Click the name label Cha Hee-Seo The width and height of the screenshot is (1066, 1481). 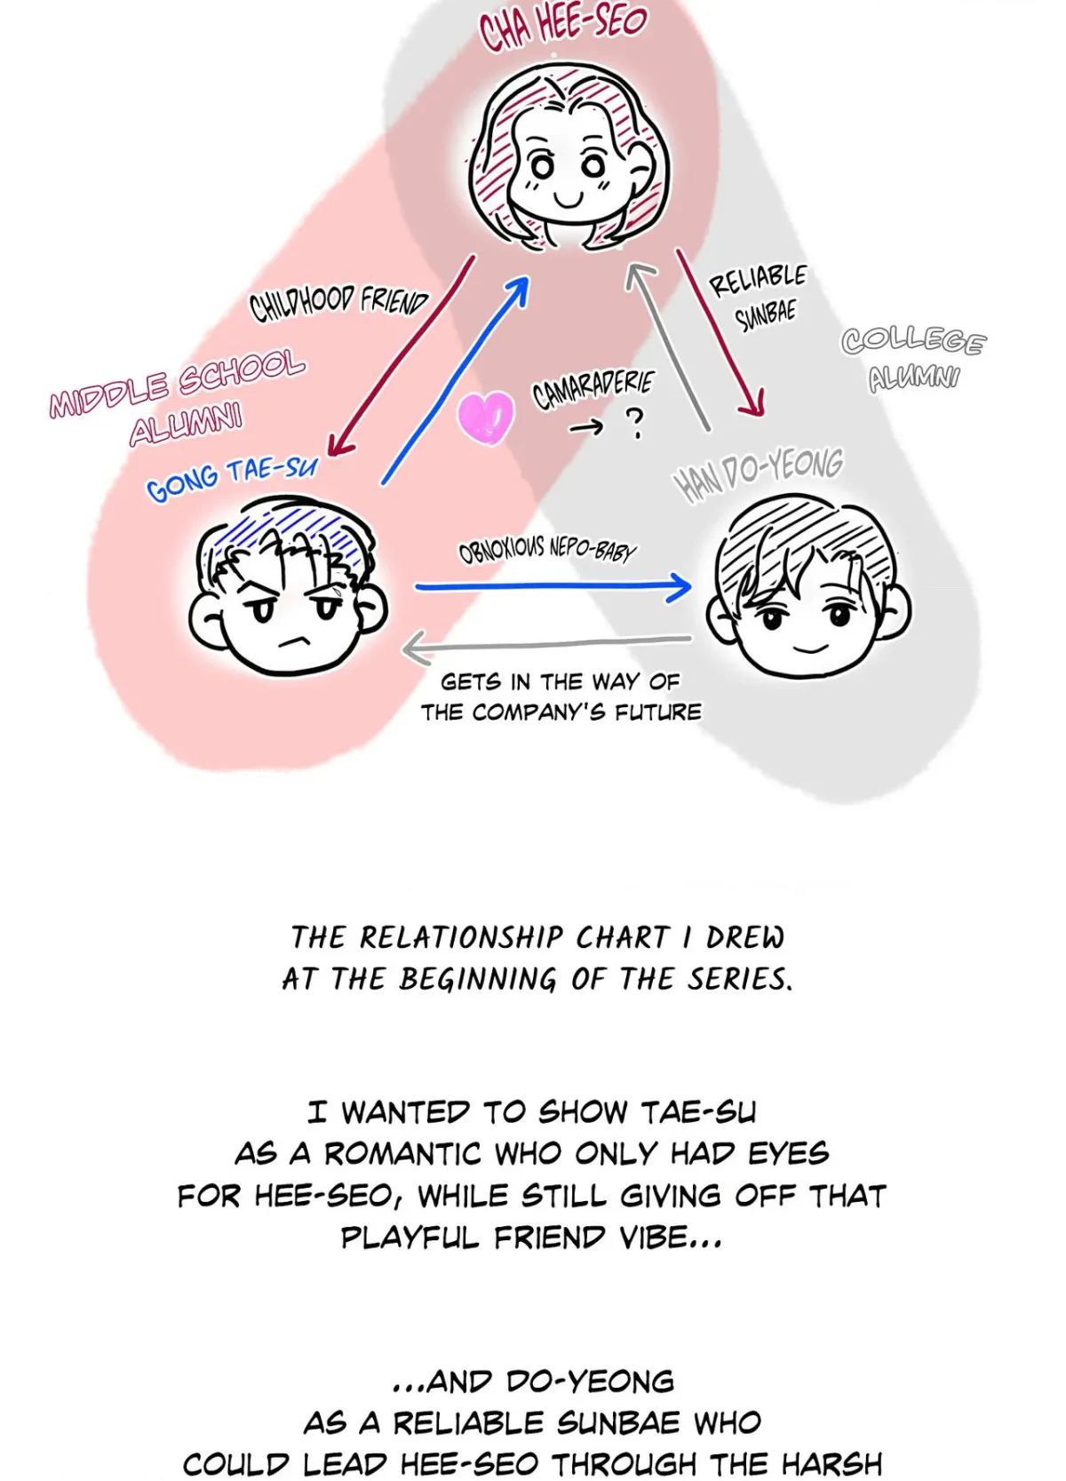[x=562, y=28]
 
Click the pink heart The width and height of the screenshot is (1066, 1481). [x=485, y=417]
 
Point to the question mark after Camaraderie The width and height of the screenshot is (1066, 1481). [x=635, y=423]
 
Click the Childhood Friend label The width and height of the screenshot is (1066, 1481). [x=338, y=303]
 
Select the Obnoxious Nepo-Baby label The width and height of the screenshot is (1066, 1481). [x=547, y=552]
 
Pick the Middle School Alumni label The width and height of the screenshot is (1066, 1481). [x=179, y=400]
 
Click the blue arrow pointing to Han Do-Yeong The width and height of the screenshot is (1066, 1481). [x=553, y=586]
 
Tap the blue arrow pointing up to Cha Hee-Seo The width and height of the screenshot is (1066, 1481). [x=456, y=380]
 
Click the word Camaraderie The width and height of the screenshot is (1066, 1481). [x=593, y=389]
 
